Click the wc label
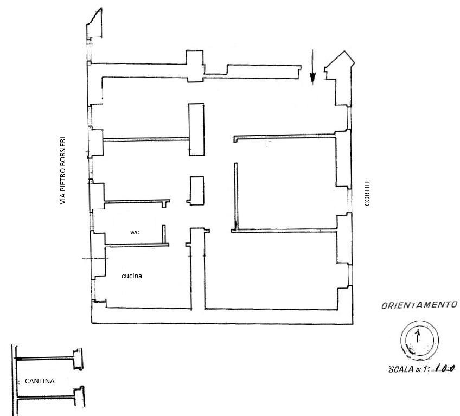click(x=135, y=232)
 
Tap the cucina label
click(x=132, y=276)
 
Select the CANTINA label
click(x=40, y=381)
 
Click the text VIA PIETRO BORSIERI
click(x=63, y=171)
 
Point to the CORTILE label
click(x=367, y=193)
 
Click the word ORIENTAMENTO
click(x=419, y=305)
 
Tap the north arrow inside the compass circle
click(x=418, y=335)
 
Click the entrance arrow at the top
click(x=313, y=67)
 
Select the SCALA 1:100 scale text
click(x=422, y=369)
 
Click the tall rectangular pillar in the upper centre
click(x=196, y=129)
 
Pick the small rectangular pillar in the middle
click(x=196, y=191)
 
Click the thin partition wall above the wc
click(x=137, y=202)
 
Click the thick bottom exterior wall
click(x=222, y=316)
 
